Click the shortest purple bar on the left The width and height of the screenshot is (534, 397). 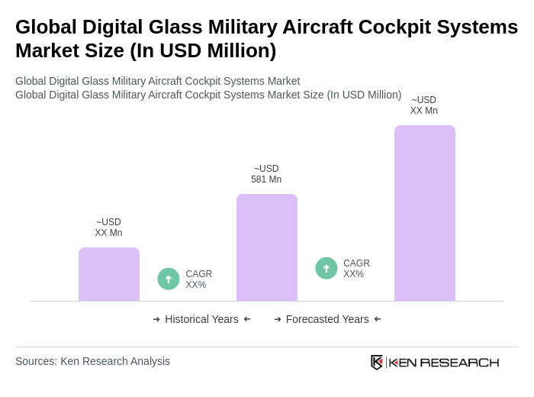109,274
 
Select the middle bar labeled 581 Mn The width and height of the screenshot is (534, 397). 267,247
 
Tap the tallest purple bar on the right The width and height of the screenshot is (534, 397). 425,213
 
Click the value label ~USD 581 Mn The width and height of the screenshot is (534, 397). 266,174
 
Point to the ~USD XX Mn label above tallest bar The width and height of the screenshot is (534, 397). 424,105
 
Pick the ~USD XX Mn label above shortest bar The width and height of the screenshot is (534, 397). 108,228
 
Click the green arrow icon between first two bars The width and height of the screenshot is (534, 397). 169,279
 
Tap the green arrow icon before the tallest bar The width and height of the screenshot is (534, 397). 327,268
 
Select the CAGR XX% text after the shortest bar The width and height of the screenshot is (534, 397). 198,279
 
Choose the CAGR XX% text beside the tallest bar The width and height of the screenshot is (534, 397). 356,269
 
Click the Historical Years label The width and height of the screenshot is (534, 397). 201,319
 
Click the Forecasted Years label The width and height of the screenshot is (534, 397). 327,319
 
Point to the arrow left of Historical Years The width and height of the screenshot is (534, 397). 156,319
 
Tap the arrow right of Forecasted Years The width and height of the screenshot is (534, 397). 378,319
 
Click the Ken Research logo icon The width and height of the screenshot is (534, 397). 377,362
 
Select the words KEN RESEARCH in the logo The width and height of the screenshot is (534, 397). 444,362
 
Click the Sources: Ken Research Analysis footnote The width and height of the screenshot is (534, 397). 92,361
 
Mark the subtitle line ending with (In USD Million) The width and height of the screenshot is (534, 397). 208,95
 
